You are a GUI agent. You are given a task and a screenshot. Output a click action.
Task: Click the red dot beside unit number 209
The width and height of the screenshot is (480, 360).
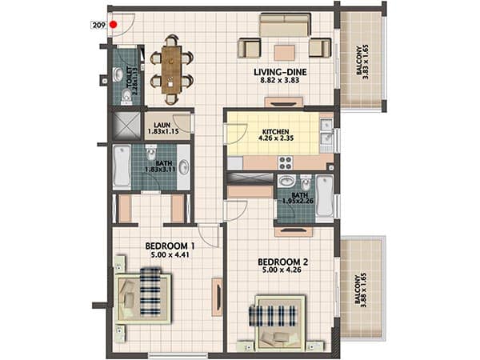(114, 25)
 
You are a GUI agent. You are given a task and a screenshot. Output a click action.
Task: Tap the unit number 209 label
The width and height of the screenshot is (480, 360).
(99, 25)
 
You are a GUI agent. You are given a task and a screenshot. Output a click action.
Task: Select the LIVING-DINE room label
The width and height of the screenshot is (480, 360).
(280, 72)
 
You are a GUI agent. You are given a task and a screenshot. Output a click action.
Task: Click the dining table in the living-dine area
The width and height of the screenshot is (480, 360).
(171, 70)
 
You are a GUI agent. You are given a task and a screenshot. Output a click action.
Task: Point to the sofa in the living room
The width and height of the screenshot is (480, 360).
(285, 25)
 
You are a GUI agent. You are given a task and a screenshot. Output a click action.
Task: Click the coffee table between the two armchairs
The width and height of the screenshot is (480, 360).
(284, 53)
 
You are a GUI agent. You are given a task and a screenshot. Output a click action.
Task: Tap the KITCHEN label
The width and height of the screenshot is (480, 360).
(275, 132)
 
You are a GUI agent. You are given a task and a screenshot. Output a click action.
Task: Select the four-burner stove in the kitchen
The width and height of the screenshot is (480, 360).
(286, 163)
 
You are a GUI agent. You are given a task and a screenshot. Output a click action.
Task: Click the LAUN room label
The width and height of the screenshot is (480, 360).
(162, 125)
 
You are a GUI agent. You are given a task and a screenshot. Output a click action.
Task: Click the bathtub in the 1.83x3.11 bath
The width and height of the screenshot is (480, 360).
(122, 166)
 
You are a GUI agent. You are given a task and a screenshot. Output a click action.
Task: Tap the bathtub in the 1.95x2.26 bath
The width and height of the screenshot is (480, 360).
(325, 196)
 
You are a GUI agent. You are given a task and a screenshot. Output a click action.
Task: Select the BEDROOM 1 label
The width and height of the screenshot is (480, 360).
(170, 246)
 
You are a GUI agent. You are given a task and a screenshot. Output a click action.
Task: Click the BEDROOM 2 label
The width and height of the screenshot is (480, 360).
(283, 262)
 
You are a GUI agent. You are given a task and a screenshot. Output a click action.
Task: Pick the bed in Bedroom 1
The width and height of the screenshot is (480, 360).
(142, 298)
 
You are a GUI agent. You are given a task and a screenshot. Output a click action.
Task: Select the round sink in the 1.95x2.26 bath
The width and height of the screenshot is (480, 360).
(286, 181)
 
